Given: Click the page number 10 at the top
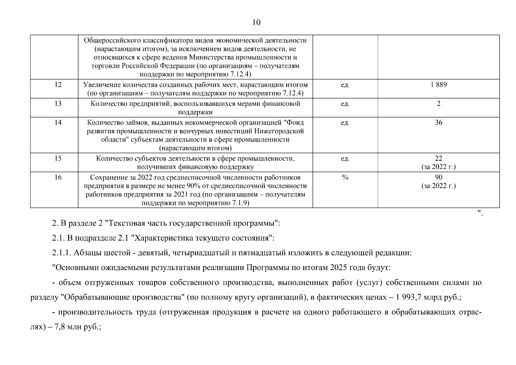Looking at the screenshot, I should (x=256, y=23).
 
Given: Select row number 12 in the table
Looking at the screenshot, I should (x=58, y=85).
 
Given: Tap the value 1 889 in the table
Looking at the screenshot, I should (x=438, y=85).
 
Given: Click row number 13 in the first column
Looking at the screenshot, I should (x=58, y=104).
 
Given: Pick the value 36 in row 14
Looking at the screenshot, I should (x=438, y=123).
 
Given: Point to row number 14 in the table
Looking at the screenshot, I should (x=58, y=123).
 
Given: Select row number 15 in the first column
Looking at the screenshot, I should (x=58, y=158).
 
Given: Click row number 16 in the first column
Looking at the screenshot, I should (x=58, y=177).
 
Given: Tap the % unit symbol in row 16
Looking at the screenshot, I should (x=345, y=177).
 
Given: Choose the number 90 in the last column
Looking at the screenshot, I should (x=438, y=177).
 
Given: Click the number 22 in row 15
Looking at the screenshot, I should (x=438, y=158).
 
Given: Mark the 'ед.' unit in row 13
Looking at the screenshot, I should (x=345, y=104).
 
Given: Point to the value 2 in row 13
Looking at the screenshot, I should (x=438, y=104).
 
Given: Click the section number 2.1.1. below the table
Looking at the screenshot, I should (x=62, y=253).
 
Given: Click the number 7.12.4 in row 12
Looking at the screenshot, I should (x=293, y=93).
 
